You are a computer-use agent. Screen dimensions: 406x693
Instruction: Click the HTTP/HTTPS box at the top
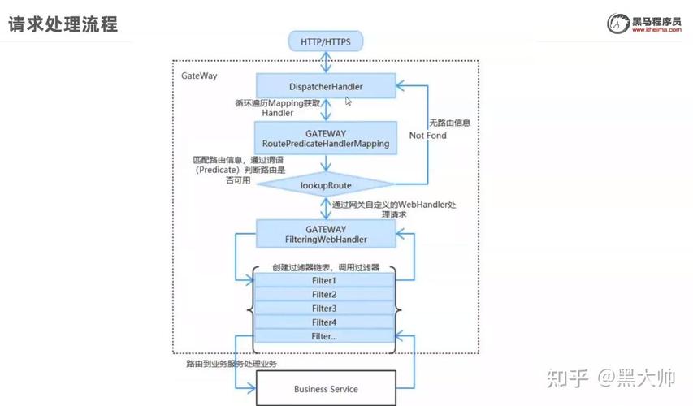[x=326, y=41]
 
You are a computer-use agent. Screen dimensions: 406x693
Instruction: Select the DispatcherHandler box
[x=326, y=86]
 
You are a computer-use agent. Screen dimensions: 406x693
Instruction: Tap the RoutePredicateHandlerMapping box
[x=326, y=138]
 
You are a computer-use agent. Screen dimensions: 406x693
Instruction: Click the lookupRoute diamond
[x=326, y=185]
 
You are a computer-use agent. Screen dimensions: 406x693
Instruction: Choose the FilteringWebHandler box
[x=326, y=234]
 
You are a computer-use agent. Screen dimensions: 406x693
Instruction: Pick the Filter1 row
[x=324, y=280]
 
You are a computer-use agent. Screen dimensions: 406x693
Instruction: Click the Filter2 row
[x=324, y=294]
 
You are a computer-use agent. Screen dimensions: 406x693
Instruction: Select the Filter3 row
[x=324, y=308]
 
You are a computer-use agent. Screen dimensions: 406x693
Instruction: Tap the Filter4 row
[x=324, y=322]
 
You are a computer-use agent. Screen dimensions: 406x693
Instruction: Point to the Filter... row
[x=324, y=335]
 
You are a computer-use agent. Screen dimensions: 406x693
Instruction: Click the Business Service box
[x=326, y=388]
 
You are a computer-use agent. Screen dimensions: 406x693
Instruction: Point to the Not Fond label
[x=427, y=136]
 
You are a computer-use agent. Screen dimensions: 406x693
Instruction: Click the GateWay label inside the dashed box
[x=199, y=76]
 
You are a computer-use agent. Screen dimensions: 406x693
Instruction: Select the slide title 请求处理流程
[x=63, y=24]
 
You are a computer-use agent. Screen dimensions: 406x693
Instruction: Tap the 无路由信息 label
[x=449, y=123]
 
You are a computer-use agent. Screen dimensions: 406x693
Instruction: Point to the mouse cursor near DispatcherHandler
[x=349, y=101]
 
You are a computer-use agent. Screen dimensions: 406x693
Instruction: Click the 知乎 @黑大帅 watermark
[x=611, y=378]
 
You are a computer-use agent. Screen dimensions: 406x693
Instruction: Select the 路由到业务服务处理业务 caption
[x=232, y=364]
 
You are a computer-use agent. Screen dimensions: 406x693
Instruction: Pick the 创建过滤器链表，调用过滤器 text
[x=325, y=267]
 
